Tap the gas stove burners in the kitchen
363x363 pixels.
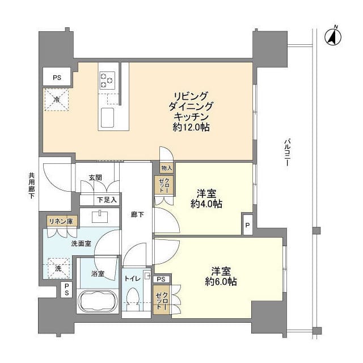pyautogui.click(x=107, y=79)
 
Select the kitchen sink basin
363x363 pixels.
pyautogui.click(x=107, y=119)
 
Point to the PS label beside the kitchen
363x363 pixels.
pyautogui.click(x=57, y=77)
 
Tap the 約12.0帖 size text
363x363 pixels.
pyautogui.click(x=191, y=128)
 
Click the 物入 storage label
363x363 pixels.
pyautogui.click(x=166, y=168)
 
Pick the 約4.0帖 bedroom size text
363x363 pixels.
pyautogui.click(x=206, y=205)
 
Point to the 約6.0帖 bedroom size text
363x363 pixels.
pyautogui.click(x=221, y=281)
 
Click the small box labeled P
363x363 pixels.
pyautogui.click(x=247, y=224)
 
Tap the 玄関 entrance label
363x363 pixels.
pyautogui.click(x=95, y=178)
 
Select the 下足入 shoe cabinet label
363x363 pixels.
pyautogui.click(x=106, y=200)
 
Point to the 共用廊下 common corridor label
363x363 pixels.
pyautogui.click(x=32, y=184)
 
